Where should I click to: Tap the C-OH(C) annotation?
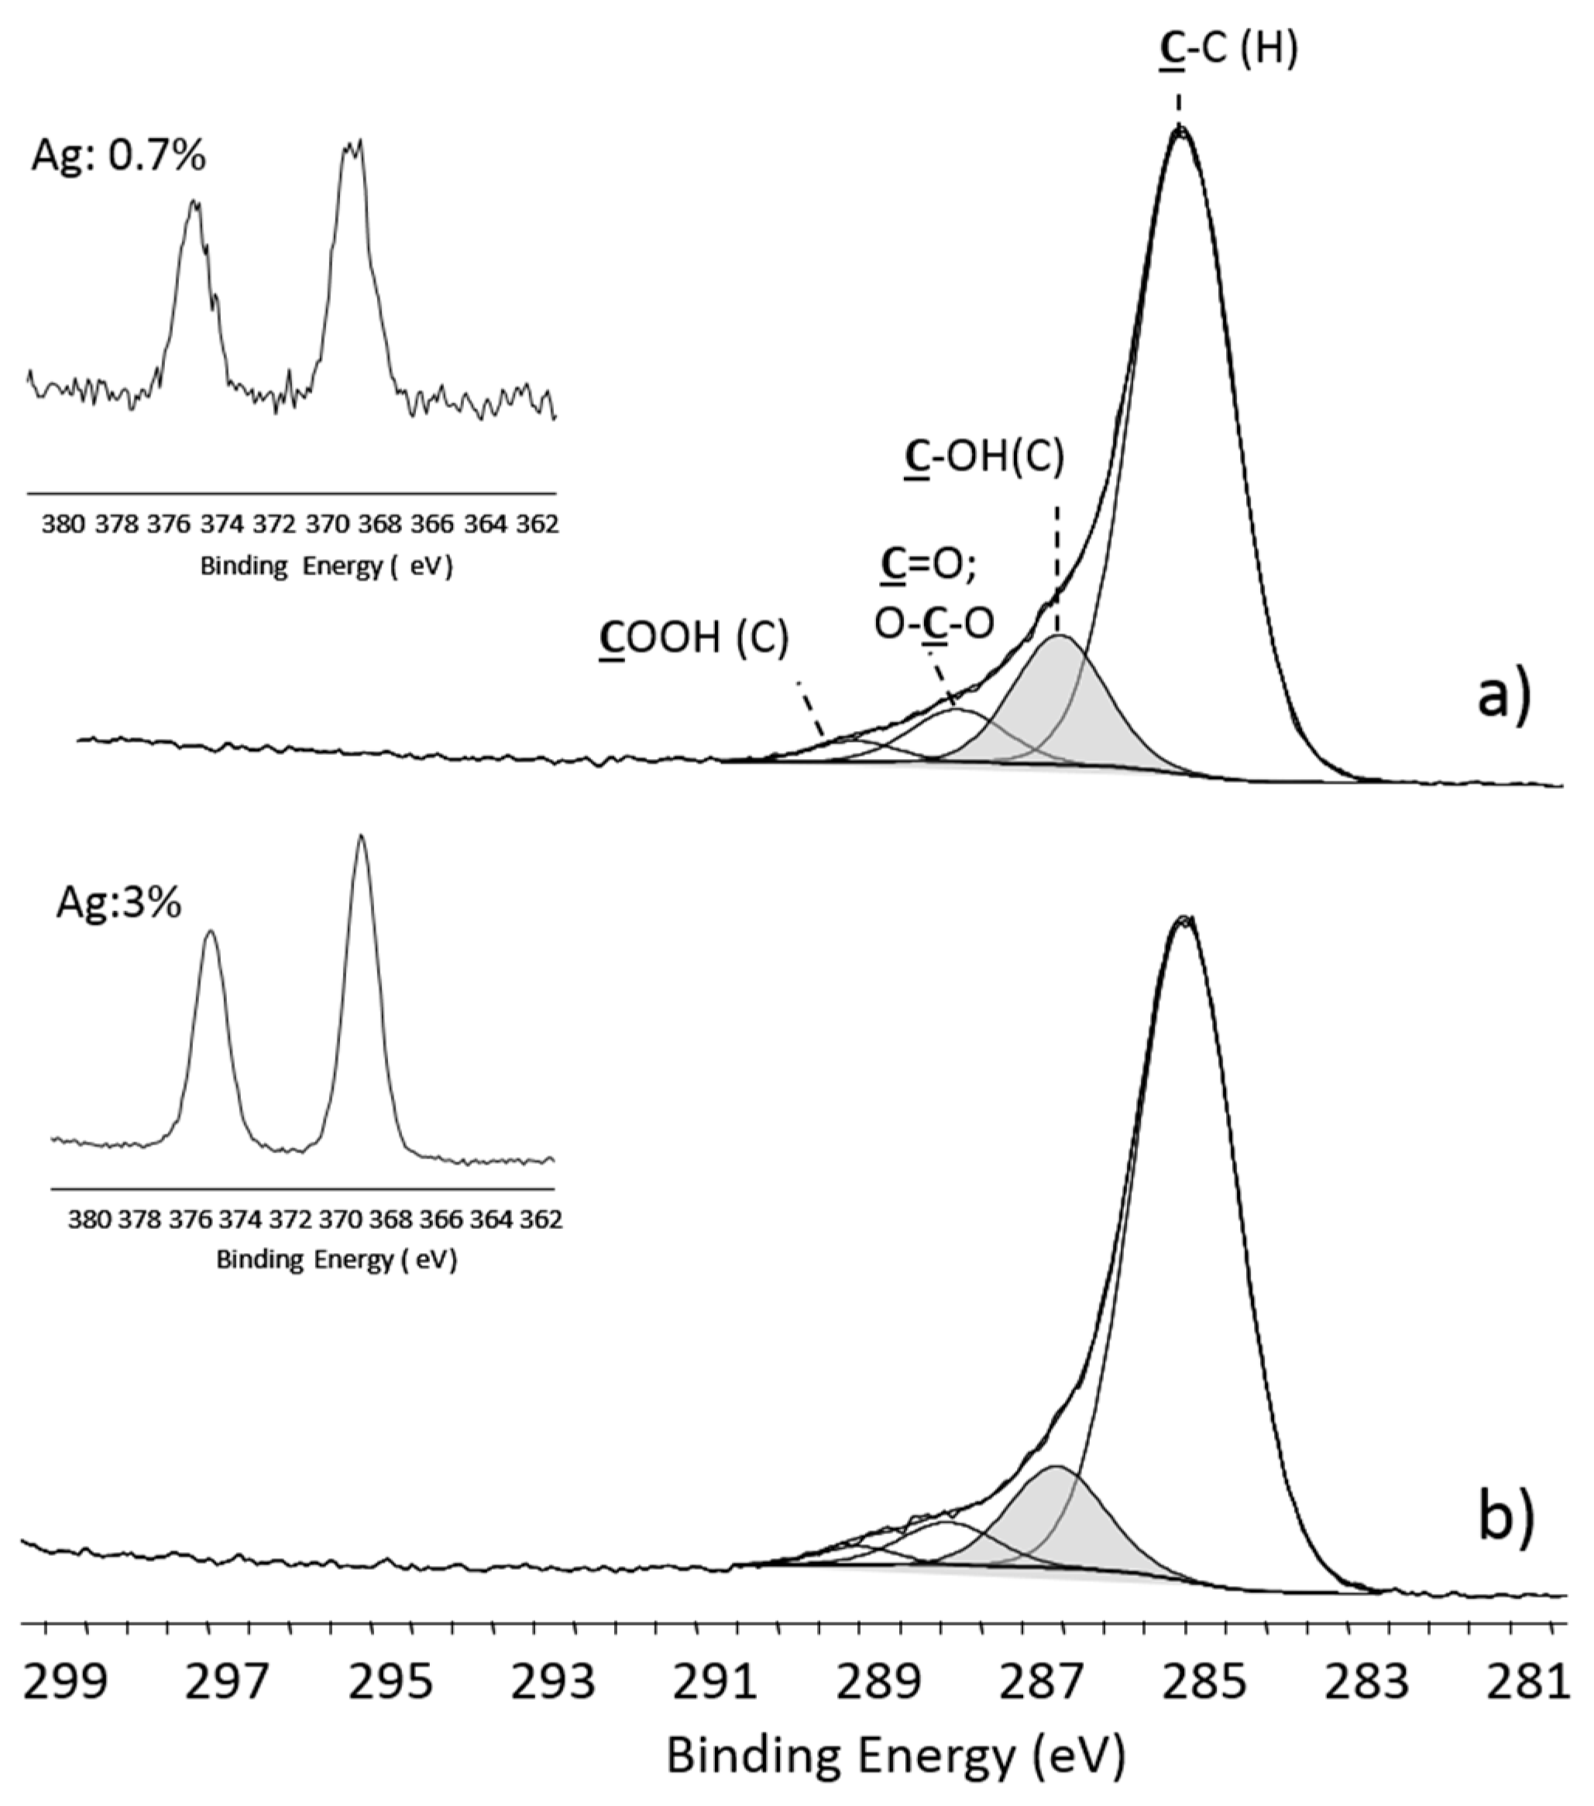(985, 458)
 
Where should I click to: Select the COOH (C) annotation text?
(694, 637)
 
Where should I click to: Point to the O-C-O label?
(934, 623)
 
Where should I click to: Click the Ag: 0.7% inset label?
(119, 156)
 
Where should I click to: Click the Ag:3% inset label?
(119, 904)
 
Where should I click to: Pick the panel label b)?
(1506, 1518)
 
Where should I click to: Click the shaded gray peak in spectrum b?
(1060, 1519)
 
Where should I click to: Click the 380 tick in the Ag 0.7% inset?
(63, 525)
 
